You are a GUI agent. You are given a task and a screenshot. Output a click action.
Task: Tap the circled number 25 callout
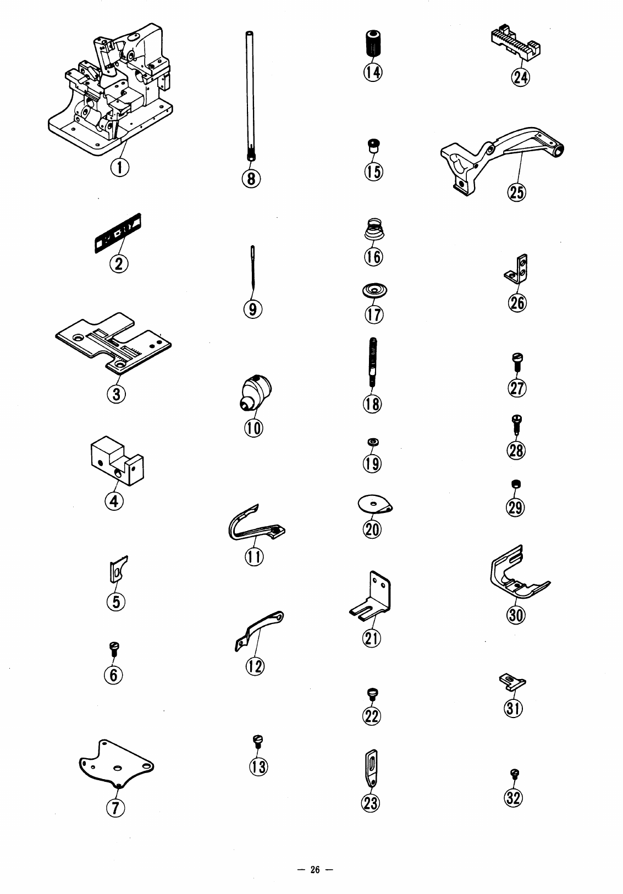tap(516, 192)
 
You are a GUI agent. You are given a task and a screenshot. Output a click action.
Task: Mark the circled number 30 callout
tap(515, 614)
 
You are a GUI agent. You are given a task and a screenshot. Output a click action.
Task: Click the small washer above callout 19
tap(372, 442)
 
